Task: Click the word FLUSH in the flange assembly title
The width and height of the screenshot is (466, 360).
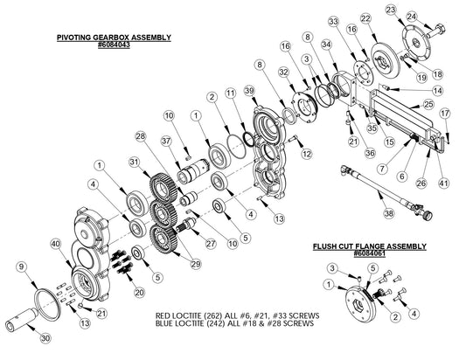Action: coord(326,246)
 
